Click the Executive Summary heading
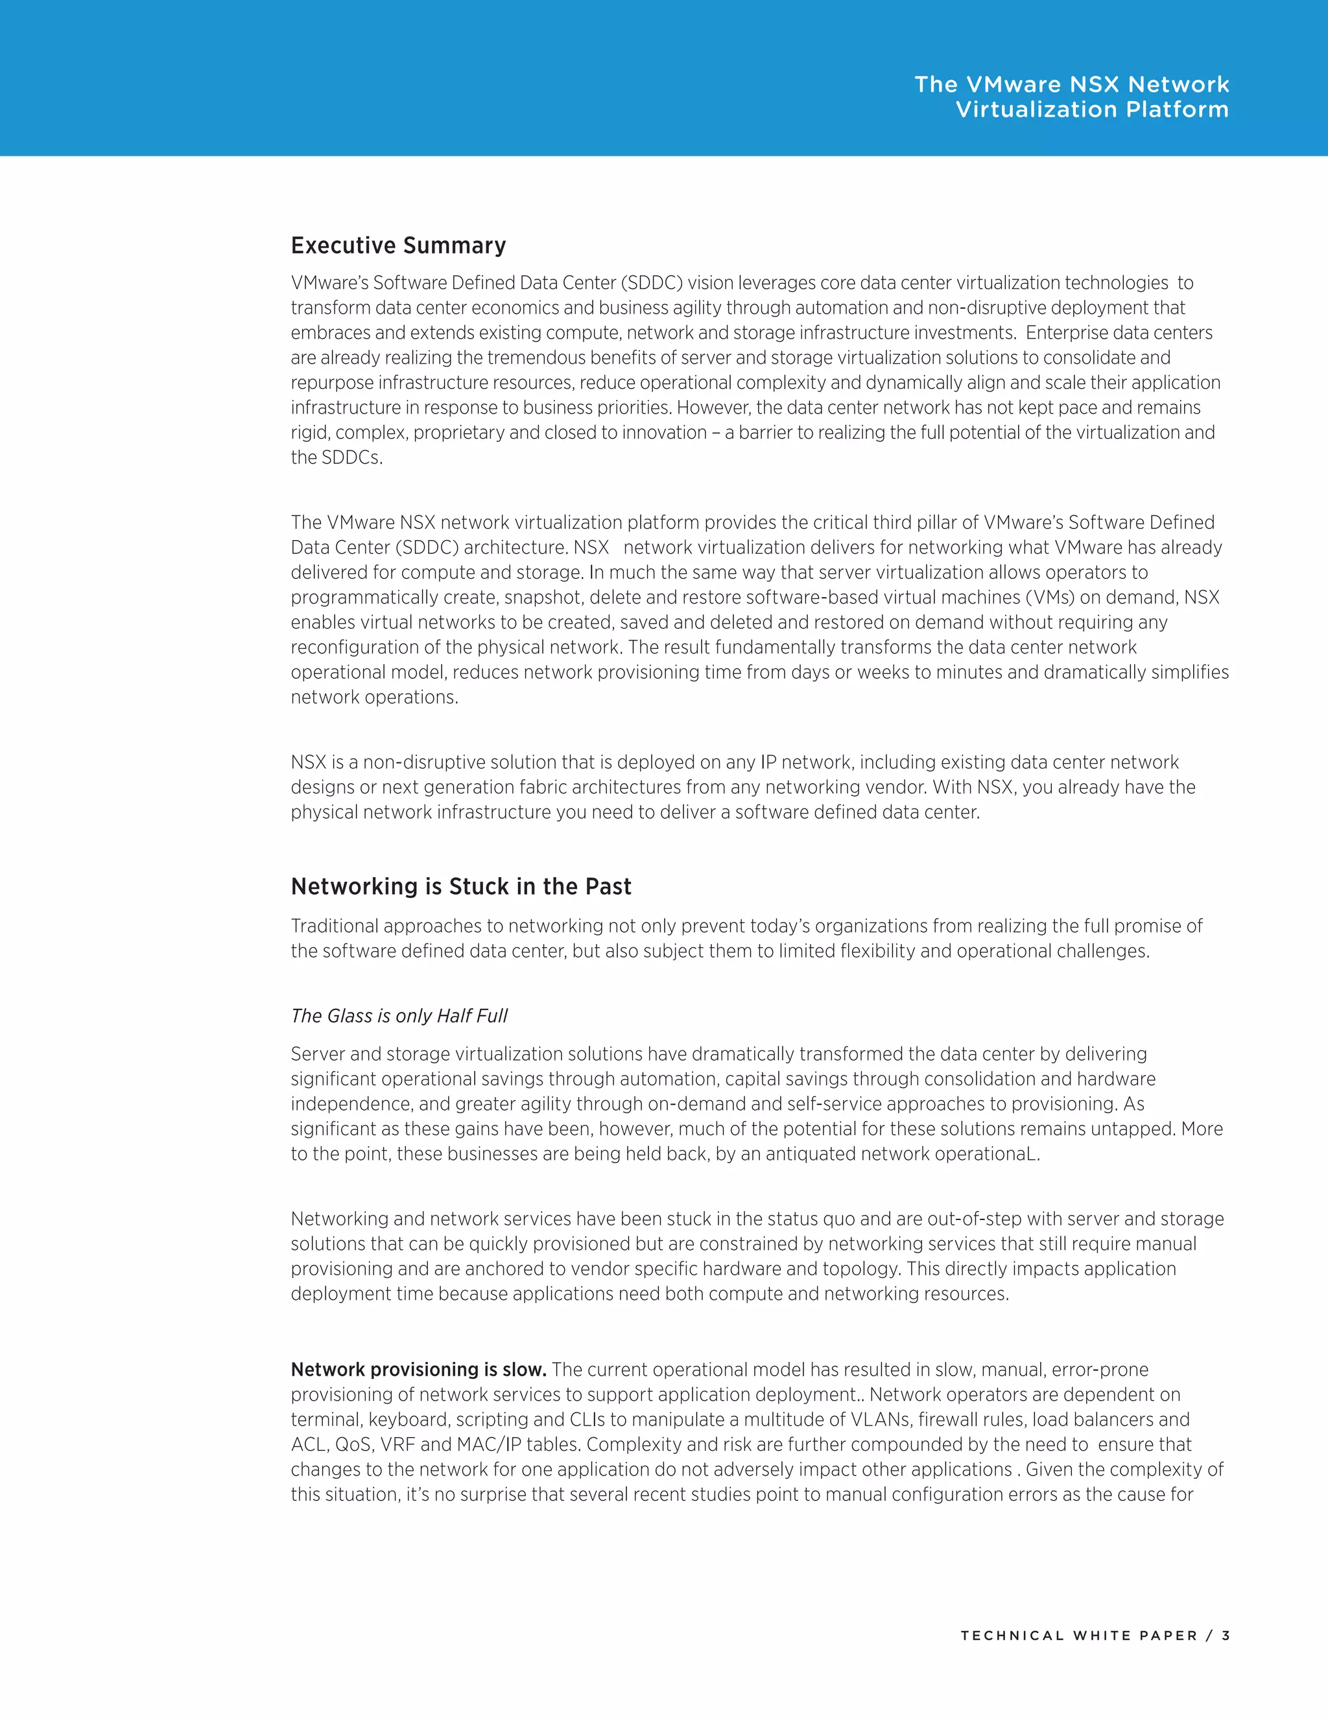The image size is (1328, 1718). (x=398, y=246)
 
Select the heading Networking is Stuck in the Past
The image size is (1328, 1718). (x=461, y=886)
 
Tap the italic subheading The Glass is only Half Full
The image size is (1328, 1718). (x=399, y=1015)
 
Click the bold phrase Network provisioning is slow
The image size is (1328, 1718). (x=418, y=1369)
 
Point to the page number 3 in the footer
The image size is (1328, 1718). (x=1226, y=1636)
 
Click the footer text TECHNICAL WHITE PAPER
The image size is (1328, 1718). (x=1078, y=1636)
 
